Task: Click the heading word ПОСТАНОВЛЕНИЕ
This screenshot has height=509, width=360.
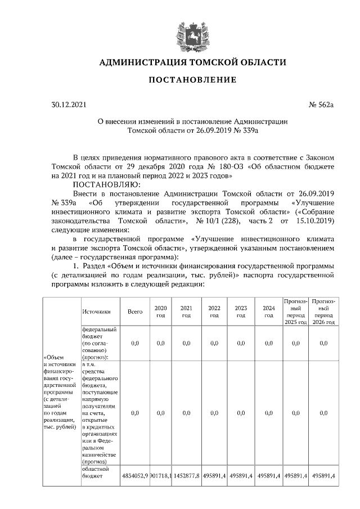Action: pyautogui.click(x=192, y=80)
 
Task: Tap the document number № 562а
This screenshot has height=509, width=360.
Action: pyautogui.click(x=321, y=105)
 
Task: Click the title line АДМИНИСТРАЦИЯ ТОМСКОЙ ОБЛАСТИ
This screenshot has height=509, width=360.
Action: pyautogui.click(x=192, y=62)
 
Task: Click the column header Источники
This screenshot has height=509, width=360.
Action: pyautogui.click(x=96, y=311)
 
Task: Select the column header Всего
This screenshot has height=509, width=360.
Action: pyautogui.click(x=135, y=311)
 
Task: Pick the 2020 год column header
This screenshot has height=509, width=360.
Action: pyautogui.click(x=161, y=312)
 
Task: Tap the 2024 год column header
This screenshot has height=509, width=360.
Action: pyautogui.click(x=269, y=312)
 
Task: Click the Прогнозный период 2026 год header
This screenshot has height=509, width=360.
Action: pyautogui.click(x=323, y=312)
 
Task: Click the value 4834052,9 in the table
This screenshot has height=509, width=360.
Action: pyautogui.click(x=135, y=476)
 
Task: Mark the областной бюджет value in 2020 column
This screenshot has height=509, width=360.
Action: pyautogui.click(x=161, y=476)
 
